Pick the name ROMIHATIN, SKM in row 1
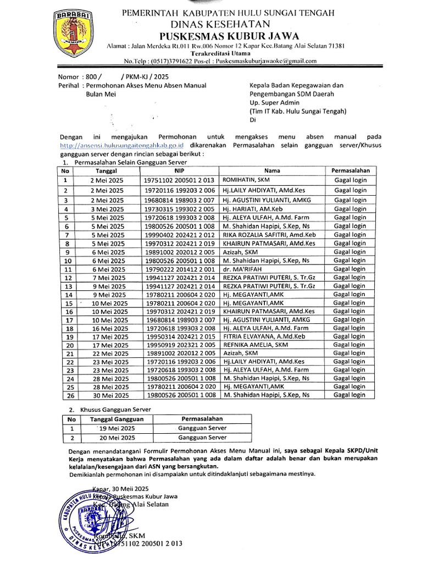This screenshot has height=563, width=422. tap(246, 180)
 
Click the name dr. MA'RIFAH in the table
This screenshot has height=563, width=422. tap(242, 269)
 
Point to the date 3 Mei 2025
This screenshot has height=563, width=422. tap(108, 209)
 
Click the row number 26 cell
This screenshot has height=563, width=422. tap(69, 395)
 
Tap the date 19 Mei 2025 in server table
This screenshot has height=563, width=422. tap(115, 428)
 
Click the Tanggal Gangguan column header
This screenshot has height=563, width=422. tap(116, 419)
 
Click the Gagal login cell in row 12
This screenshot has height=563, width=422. tap(350, 277)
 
